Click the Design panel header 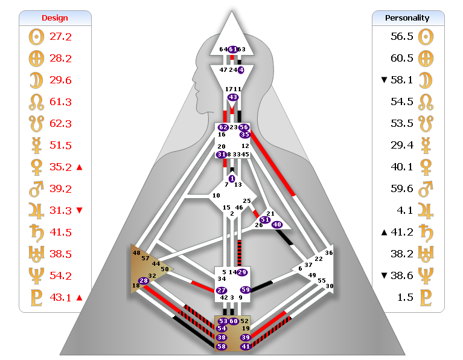(56, 18)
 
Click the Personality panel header (407, 18)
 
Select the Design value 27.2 (60, 37)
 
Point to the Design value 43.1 (60, 297)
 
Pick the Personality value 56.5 (401, 37)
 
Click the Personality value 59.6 (401, 188)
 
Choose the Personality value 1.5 (404, 297)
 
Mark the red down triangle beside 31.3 (80, 210)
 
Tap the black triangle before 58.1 (384, 80)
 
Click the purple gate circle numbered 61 (233, 49)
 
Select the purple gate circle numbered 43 (233, 97)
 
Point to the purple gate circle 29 (242, 272)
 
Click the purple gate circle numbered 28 (144, 280)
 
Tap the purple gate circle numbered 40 (277, 225)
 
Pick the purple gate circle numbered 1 (232, 178)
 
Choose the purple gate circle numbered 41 (245, 347)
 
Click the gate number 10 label (216, 196)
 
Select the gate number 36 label (328, 253)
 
